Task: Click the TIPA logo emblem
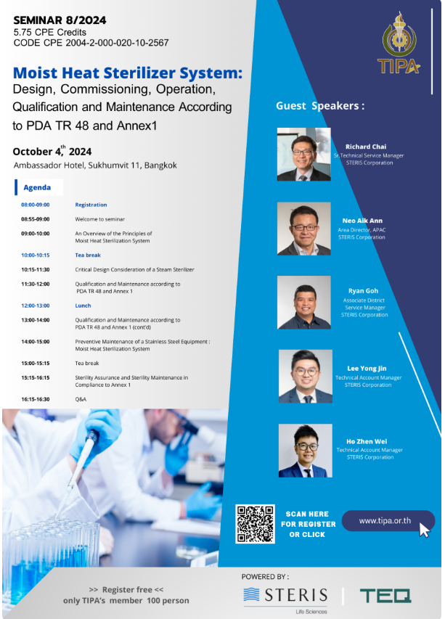[399, 43]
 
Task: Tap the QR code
[255, 524]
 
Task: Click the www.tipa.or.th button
[388, 521]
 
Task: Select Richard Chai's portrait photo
[303, 155]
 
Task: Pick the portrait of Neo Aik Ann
[303, 229]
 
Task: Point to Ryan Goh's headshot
[303, 303]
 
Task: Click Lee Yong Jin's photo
[305, 376]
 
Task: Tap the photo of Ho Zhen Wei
[305, 451]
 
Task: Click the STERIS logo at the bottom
[285, 597]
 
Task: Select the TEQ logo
[385, 596]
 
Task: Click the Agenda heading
[37, 187]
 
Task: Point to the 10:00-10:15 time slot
[36, 255]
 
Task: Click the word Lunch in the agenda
[83, 306]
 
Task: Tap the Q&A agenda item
[81, 399]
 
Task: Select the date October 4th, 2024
[52, 151]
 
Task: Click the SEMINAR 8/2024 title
[60, 20]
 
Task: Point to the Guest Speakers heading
[320, 106]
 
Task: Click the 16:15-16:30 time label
[36, 399]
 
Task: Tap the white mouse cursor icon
[424, 530]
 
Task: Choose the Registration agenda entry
[91, 205]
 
